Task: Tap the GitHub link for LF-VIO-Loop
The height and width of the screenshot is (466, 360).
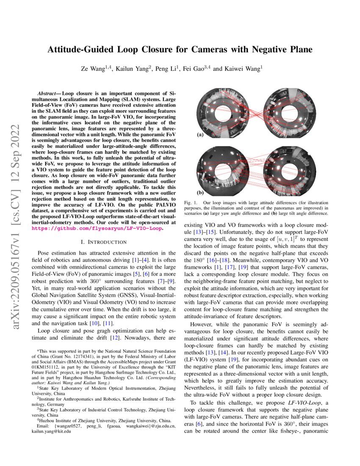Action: pos(98,228)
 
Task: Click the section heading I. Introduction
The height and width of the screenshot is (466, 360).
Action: pos(103,242)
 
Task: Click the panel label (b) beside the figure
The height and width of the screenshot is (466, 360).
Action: pos(200,191)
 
